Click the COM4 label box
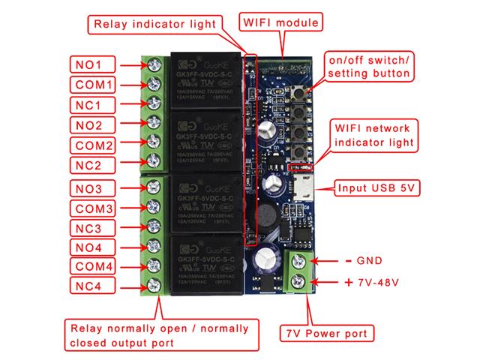point(94,265)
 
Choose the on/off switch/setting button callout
point(367,67)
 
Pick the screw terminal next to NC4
point(156,285)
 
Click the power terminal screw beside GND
point(300,262)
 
